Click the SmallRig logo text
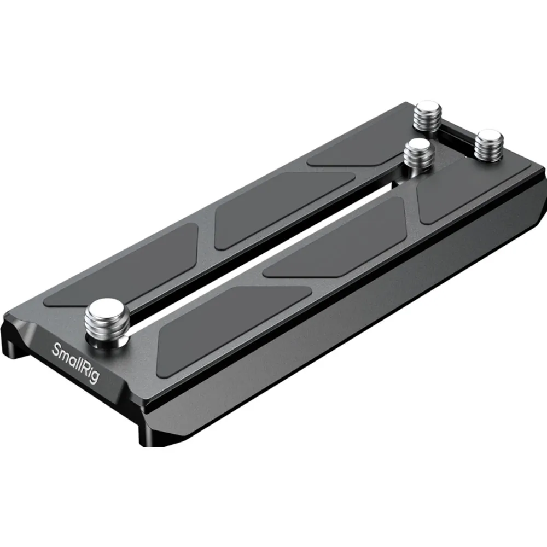click(x=75, y=363)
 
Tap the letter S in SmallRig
click(x=56, y=349)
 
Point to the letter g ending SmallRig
click(x=94, y=376)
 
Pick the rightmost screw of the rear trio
click(x=489, y=146)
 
